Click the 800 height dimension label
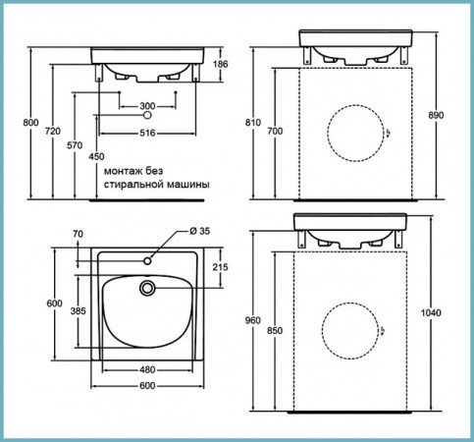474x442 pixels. coord(30,123)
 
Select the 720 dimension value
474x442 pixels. coord(53,131)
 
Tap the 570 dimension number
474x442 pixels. coord(75,145)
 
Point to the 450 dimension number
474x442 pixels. coord(96,156)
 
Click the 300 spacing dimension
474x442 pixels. coord(147,106)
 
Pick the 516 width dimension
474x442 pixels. coord(147,133)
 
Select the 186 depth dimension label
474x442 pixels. coord(221,64)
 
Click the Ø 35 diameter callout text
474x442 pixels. coord(199,231)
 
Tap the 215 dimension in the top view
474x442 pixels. coord(221,267)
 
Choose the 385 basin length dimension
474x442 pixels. coord(79,310)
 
